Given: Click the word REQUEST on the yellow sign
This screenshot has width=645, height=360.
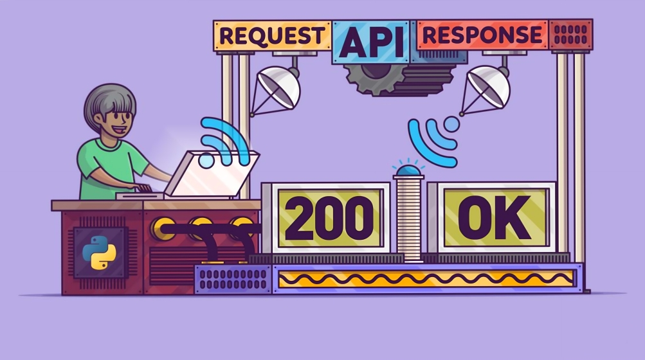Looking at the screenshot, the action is [x=272, y=36].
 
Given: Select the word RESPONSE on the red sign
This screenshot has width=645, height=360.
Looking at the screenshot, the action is [x=482, y=35].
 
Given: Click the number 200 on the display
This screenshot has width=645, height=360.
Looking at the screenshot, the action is [x=329, y=218].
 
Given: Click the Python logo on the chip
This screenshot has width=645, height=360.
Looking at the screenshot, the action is [x=99, y=253].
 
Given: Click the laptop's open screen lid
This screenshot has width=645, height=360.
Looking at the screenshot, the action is [x=212, y=174].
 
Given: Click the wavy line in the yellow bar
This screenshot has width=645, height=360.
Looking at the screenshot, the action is [x=426, y=278].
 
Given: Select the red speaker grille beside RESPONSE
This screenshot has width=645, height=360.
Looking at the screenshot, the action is [x=570, y=35].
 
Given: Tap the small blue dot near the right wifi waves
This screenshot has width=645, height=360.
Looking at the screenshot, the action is [x=451, y=123].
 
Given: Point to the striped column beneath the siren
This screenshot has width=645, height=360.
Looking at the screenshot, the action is [x=408, y=218].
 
